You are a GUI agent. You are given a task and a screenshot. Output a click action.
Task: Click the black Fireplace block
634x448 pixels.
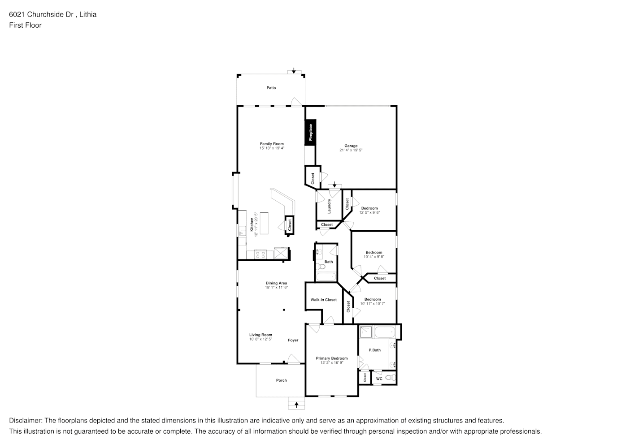point(310,132)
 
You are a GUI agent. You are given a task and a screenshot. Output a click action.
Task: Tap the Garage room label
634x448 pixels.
point(351,146)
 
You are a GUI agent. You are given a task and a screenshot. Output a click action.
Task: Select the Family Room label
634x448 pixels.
point(272,144)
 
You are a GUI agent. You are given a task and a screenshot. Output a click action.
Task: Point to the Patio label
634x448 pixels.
point(271,88)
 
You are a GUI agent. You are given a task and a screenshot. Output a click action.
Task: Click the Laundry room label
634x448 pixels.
point(329,206)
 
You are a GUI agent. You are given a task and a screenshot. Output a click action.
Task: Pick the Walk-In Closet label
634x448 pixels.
point(324,300)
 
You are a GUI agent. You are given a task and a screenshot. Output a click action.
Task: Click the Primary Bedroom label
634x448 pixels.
point(332,358)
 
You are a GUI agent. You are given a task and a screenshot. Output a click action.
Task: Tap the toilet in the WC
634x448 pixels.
point(391,377)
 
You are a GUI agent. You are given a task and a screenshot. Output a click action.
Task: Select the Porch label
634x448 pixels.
point(281,380)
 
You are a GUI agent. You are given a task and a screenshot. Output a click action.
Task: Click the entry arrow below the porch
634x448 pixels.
point(296,405)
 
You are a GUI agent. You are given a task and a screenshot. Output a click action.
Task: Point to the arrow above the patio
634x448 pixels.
point(294,70)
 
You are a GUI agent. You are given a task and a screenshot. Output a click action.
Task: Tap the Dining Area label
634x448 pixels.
point(276,283)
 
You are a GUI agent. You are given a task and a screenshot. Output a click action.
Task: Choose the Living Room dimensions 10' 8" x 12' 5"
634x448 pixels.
point(261,339)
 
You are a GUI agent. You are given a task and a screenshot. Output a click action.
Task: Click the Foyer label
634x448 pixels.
point(293,340)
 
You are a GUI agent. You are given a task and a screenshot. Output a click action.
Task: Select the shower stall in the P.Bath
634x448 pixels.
point(366,332)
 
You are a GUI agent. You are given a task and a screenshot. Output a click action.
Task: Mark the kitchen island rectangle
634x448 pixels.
point(264,223)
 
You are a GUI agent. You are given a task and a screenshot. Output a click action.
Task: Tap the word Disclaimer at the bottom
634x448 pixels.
point(26,421)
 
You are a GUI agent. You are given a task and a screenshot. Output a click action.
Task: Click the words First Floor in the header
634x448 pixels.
point(25,25)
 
